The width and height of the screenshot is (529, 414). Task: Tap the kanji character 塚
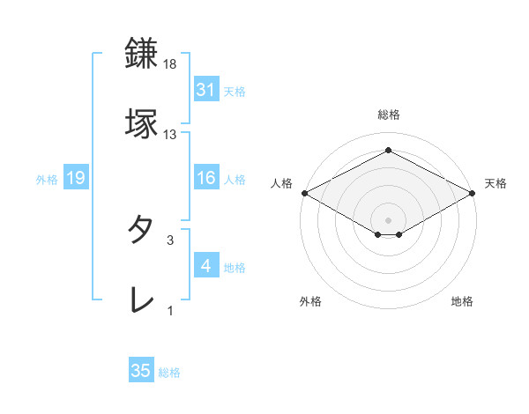(x=142, y=122)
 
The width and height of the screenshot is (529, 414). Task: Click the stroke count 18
(x=170, y=64)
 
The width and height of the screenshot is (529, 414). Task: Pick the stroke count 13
(x=170, y=135)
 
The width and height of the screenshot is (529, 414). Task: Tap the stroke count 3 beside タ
(x=170, y=240)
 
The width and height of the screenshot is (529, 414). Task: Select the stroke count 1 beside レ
(x=170, y=311)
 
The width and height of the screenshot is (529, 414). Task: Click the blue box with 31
(x=206, y=89)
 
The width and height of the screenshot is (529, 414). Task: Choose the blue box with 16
(x=206, y=178)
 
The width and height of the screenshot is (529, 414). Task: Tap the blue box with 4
(x=206, y=266)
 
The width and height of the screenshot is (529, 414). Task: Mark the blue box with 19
(x=76, y=178)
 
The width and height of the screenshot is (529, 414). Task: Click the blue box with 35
(x=141, y=371)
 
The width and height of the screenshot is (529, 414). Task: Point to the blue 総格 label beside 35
(x=169, y=373)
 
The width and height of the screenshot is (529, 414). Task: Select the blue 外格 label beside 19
(x=47, y=179)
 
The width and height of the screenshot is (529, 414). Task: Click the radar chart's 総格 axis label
(x=389, y=115)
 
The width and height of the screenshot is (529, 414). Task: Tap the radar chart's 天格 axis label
(x=495, y=183)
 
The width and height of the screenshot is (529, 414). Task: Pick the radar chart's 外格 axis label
(x=310, y=301)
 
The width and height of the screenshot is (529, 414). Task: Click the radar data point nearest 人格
(x=304, y=193)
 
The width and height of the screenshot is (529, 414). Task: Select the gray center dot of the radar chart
(x=389, y=219)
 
